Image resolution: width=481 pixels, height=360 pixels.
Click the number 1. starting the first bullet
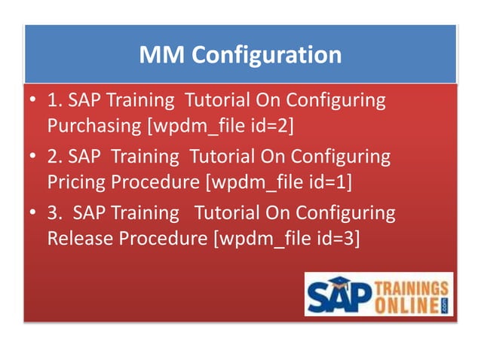[x=55, y=101]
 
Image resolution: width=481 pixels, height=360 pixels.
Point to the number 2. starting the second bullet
[x=55, y=157]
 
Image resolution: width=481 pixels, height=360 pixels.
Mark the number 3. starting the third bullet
[x=55, y=213]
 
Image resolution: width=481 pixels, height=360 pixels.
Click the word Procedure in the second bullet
[x=158, y=181]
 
